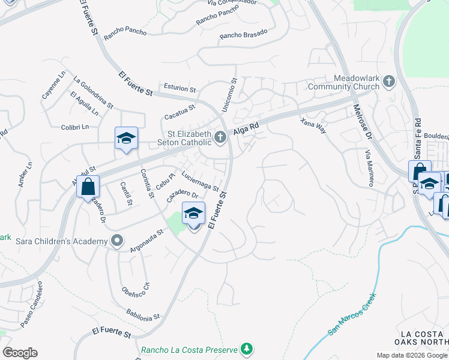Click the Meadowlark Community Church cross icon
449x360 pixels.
389,82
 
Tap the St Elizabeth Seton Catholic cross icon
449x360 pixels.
220,138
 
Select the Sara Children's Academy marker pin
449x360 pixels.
117,241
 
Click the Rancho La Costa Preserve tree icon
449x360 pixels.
246,349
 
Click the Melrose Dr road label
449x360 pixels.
364,123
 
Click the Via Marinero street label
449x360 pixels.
368,167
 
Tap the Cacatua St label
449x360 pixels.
180,112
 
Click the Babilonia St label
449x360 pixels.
143,313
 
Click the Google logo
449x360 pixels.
20,353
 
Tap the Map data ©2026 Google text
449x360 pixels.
412,355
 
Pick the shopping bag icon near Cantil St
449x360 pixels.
88,186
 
